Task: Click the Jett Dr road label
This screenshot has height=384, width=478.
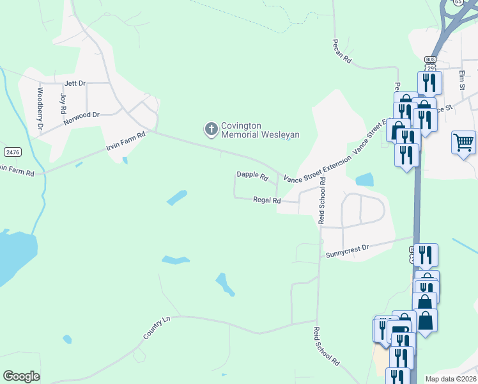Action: point(75,83)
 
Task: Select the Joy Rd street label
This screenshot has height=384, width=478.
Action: point(63,103)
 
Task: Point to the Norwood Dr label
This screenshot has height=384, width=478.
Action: point(82,115)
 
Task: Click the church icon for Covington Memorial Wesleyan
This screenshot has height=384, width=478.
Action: point(211,129)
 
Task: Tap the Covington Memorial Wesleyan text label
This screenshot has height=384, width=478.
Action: point(260,130)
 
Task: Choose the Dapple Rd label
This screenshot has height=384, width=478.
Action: point(252,174)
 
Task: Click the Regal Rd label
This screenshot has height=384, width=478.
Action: point(266,200)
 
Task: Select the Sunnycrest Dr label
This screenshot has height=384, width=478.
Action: point(348,250)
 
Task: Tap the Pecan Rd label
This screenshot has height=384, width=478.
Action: point(342,51)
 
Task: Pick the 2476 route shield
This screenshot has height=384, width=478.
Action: point(12,152)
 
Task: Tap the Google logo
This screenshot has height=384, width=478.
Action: point(22,376)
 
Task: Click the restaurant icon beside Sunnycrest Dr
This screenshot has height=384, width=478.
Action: point(425,254)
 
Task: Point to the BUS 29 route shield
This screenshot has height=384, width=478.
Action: point(429,64)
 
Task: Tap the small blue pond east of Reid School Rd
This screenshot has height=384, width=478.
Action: point(363,180)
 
